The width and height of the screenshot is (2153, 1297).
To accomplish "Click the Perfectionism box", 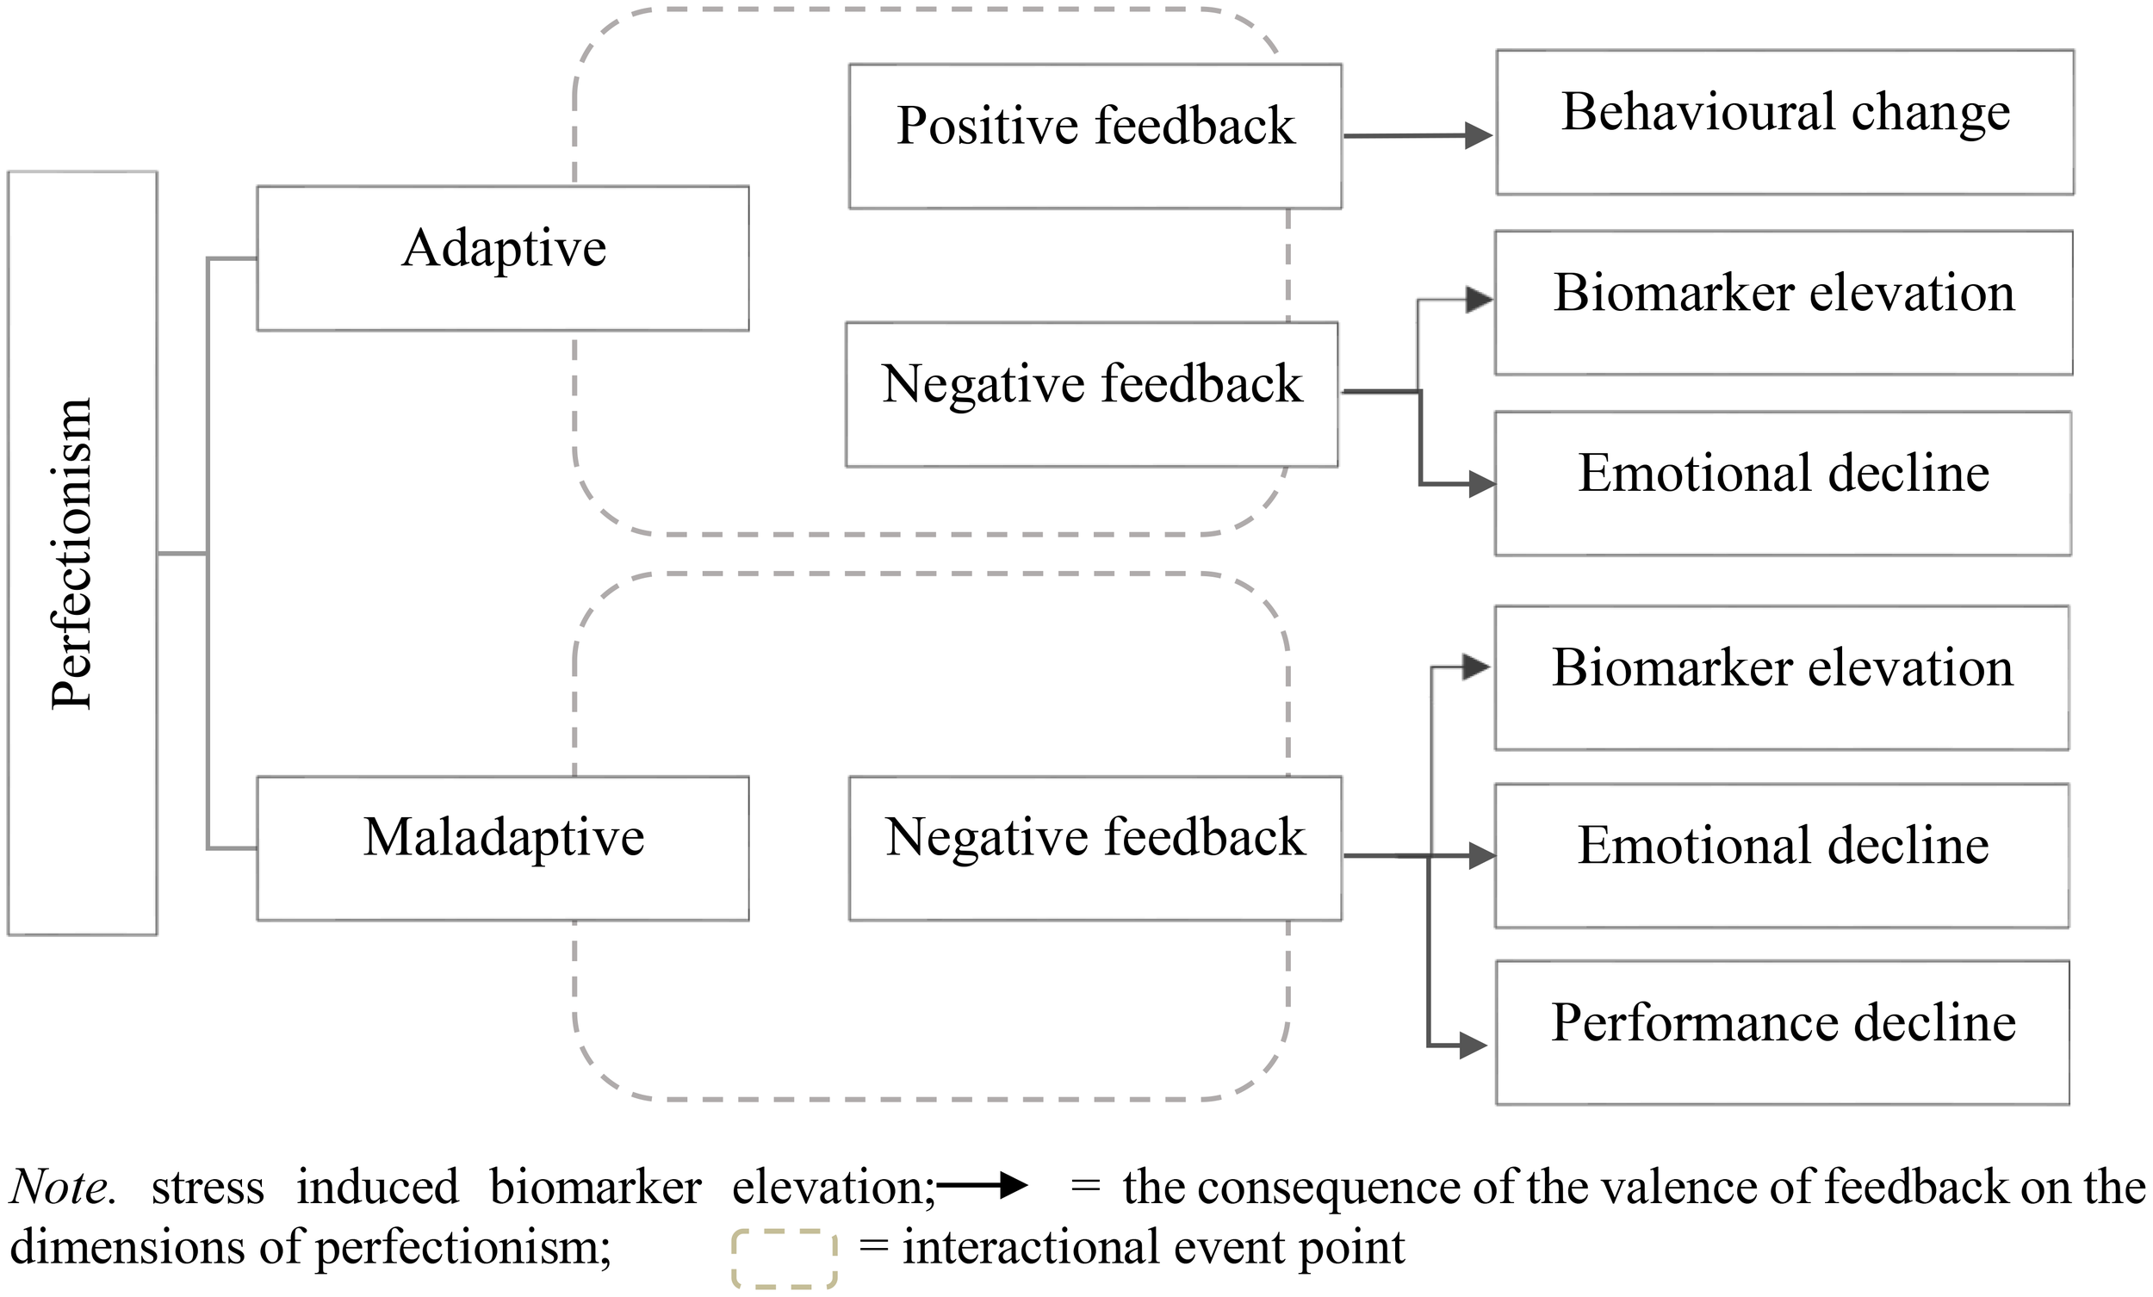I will pyautogui.click(x=82, y=552).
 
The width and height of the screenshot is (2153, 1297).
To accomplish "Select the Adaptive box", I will pyautogui.click(x=502, y=258).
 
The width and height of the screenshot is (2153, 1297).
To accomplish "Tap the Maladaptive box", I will pyautogui.click(x=502, y=847).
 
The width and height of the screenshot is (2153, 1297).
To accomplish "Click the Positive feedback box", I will pyautogui.click(x=1095, y=136).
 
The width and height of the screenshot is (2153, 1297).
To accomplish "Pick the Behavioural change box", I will pyautogui.click(x=1784, y=121).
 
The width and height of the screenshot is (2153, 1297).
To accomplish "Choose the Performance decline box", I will pyautogui.click(x=1783, y=1033).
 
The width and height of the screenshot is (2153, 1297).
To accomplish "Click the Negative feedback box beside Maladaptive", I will pyautogui.click(x=1095, y=847).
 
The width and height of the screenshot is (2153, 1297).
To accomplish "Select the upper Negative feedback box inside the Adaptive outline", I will pyautogui.click(x=1091, y=394).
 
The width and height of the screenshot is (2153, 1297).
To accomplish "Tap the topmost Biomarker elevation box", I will pyautogui.click(x=1784, y=302).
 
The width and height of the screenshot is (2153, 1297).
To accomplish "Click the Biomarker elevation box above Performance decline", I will pyautogui.click(x=1782, y=677).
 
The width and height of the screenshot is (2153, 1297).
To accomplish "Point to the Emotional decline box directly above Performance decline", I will pyautogui.click(x=1782, y=856).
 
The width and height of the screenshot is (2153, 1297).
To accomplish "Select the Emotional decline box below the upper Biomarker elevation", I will pyautogui.click(x=1783, y=483).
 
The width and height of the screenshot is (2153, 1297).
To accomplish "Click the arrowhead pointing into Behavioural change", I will pyautogui.click(x=1479, y=135).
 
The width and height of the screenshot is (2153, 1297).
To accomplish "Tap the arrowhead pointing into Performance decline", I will pyautogui.click(x=1474, y=1045).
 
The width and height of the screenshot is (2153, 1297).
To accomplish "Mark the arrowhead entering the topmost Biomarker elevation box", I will pyautogui.click(x=1480, y=300).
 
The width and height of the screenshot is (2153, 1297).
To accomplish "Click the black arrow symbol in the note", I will pyautogui.click(x=983, y=1186).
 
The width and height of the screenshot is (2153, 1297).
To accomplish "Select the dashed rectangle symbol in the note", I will pyautogui.click(x=784, y=1258).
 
